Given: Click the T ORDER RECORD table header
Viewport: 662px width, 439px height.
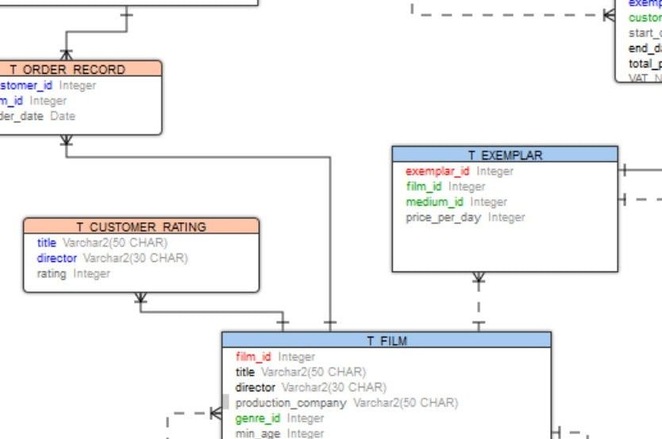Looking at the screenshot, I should (73, 69).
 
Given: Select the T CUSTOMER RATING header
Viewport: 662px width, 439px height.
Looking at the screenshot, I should (140, 226).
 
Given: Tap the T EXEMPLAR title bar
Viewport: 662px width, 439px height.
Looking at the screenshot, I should (505, 155).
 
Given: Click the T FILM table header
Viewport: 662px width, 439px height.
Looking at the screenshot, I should (386, 341).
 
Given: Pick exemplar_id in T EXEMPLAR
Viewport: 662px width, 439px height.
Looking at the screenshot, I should (437, 171).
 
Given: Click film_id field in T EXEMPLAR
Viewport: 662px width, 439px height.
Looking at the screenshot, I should (424, 186).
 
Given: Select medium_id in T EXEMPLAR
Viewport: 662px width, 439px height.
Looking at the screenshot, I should (434, 202).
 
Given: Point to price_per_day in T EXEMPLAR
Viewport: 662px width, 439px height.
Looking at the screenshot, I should (443, 217).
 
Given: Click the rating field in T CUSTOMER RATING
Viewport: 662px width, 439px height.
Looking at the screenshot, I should (52, 273).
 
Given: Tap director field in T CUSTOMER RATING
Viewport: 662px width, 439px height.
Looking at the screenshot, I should (56, 258).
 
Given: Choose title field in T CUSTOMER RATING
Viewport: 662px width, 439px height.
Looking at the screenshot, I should (46, 243).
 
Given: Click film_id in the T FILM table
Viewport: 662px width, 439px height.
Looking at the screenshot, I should (253, 356).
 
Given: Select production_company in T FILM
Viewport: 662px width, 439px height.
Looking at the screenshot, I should (291, 402).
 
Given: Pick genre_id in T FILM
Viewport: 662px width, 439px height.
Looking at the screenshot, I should (258, 418).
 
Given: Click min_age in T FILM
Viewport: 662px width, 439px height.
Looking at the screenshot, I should (258, 433).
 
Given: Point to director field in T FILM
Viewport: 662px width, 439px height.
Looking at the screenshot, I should (255, 387).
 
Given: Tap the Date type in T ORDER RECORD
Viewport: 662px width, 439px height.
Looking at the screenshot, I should (63, 116).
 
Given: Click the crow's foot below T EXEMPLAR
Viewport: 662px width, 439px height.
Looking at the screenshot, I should (479, 278).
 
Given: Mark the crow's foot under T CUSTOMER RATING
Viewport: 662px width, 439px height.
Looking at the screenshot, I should (140, 298).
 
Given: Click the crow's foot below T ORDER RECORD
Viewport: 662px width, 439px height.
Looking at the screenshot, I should (66, 141).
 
